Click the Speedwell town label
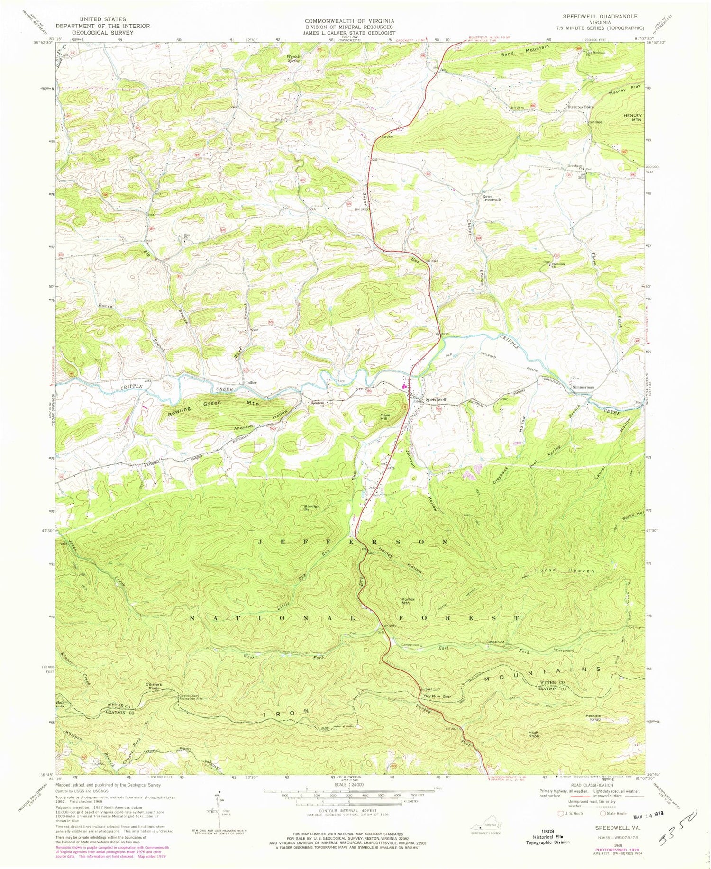point(436,399)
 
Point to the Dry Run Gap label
point(437,696)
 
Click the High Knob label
point(534,735)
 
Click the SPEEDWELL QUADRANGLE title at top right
point(599,16)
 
